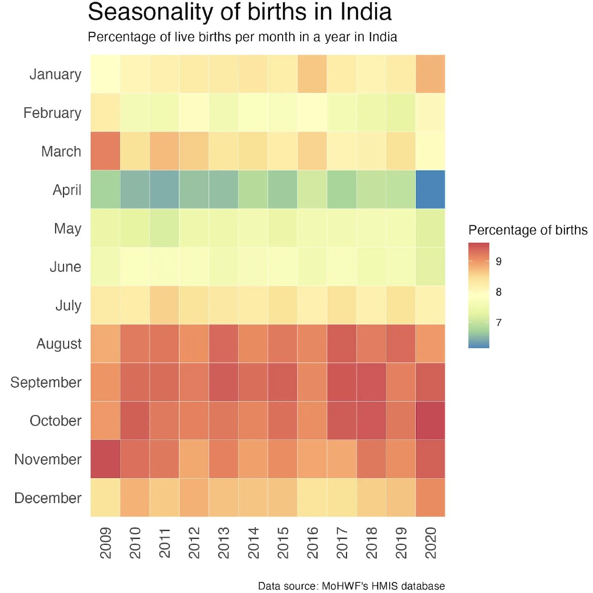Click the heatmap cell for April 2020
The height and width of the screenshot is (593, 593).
[x=430, y=190]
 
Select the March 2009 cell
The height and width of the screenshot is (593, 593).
[x=105, y=151]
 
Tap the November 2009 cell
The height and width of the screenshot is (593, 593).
[x=105, y=459]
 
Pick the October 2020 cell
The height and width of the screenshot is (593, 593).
[x=430, y=421]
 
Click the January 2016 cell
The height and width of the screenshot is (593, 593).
[x=312, y=74]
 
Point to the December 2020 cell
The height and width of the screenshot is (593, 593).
[x=430, y=497]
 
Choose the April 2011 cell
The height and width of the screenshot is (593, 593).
[x=164, y=190]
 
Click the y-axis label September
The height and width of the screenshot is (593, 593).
[x=46, y=383]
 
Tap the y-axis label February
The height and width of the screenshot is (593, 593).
[x=52, y=113]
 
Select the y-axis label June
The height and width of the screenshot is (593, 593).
[x=65, y=267]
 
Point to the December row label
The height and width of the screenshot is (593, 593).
[x=48, y=498]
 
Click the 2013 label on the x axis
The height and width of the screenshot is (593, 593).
[x=224, y=542]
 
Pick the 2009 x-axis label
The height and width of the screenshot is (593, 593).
[x=106, y=542]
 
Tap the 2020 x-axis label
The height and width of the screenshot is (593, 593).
[x=431, y=542]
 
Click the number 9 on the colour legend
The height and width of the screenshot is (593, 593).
[x=498, y=261]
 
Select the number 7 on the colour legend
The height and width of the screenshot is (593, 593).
[x=498, y=323]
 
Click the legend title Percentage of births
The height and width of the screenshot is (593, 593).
[x=528, y=230]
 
